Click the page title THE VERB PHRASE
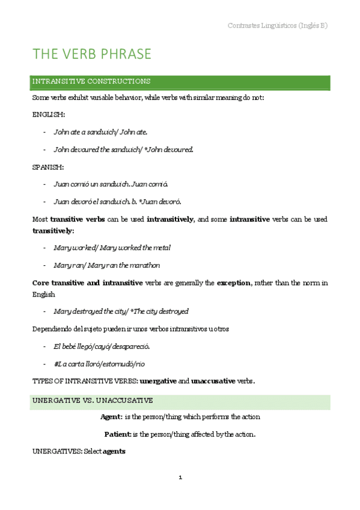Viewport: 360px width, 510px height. [92, 54]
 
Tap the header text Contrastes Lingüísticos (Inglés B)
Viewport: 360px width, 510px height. [278, 25]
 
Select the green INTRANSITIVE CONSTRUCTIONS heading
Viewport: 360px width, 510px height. [91, 81]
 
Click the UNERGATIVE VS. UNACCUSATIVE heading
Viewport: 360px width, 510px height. [93, 401]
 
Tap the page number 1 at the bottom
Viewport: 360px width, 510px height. [180, 478]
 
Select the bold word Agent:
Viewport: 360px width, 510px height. [111, 417]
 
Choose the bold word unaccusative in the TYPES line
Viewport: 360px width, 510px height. [222, 381]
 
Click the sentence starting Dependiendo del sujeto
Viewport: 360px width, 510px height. [130, 329]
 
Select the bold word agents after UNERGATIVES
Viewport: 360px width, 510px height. [114, 450]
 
